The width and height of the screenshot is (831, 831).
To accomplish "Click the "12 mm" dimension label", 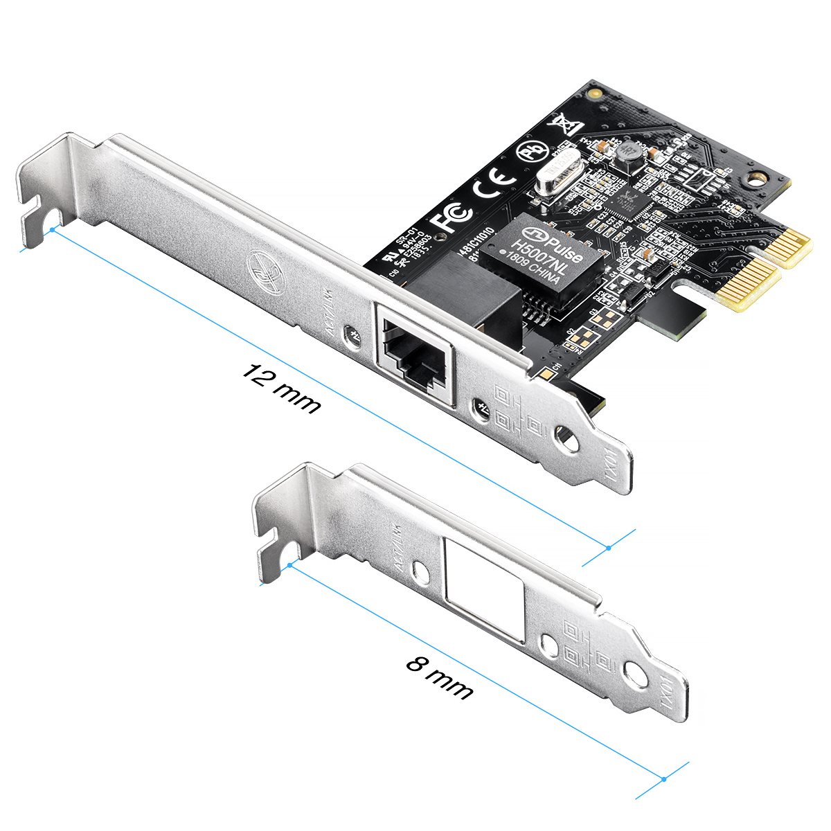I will (x=280, y=389).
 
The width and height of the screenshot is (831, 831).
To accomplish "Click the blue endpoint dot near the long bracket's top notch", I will (x=53, y=229).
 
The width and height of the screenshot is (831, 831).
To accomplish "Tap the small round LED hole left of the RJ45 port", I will (x=355, y=332).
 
